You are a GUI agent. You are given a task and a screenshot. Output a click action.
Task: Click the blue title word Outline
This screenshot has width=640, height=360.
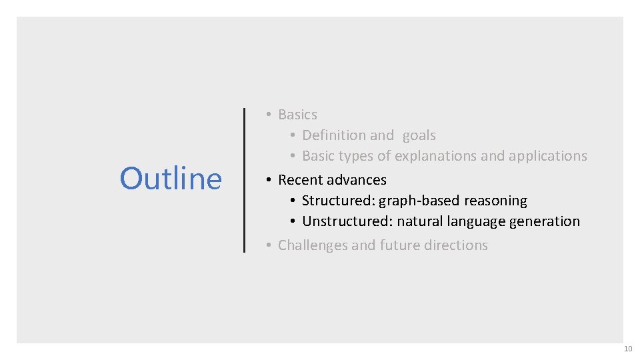point(171,179)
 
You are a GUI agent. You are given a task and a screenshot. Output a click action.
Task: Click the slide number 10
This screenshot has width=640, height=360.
point(627,349)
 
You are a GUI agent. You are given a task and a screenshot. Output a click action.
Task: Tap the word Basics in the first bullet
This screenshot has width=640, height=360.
point(297,115)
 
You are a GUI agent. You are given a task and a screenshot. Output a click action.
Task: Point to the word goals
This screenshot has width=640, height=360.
point(419,135)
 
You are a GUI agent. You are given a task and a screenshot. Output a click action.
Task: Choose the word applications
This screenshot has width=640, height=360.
point(548,156)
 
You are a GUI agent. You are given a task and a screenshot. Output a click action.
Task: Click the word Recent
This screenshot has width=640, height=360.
point(299,180)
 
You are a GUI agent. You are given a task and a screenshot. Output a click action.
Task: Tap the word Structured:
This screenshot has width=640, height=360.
point(339,201)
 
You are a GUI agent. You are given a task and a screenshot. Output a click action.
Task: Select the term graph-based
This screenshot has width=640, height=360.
point(417,201)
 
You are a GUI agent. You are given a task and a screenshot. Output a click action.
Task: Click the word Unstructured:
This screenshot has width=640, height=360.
point(346,221)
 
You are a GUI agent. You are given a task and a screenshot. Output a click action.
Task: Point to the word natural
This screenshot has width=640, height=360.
point(418,221)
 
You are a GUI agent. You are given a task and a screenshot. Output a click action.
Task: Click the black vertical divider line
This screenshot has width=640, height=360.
point(245,180)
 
